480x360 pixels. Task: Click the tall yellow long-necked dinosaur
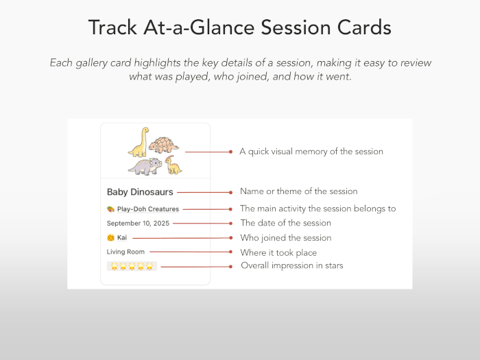pos(139,141)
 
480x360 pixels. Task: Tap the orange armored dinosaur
pos(164,144)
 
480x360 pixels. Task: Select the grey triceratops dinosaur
pos(145,166)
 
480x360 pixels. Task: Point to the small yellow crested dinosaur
pos(173,165)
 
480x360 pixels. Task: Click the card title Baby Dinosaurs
pos(140,192)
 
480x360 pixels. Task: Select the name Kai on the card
pos(122,237)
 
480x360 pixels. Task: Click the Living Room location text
pos(125,252)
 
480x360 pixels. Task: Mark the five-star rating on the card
pos(132,265)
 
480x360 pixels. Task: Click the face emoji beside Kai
pos(110,237)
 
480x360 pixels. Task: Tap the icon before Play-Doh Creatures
pos(110,209)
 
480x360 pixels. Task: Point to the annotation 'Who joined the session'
pos(285,238)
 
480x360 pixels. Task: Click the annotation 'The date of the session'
pos(285,223)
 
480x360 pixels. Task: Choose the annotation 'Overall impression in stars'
pos(291,265)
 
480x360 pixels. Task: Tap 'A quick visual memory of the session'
pos(311,152)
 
